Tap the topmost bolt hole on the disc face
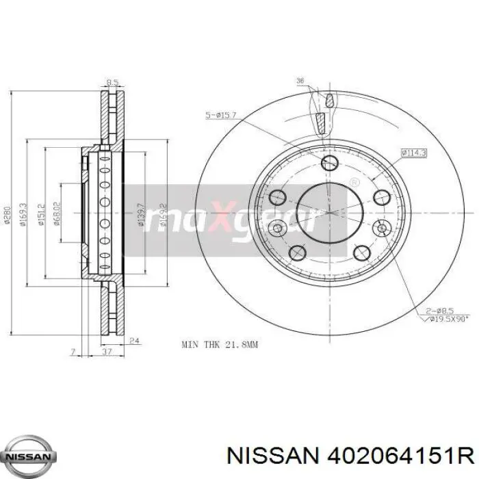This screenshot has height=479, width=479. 329,163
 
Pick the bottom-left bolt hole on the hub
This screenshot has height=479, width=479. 298,254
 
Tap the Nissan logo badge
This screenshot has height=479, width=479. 28,456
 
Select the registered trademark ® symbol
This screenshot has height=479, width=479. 354,183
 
